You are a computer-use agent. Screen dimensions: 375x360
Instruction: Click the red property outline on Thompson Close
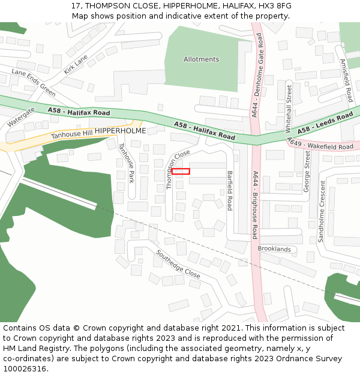click(181, 172)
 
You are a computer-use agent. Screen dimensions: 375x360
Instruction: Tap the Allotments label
click(202, 59)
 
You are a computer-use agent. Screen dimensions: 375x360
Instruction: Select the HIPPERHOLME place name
click(120, 130)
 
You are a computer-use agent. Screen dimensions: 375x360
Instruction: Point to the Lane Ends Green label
click(34, 83)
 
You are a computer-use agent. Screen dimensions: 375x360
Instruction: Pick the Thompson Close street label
click(178, 170)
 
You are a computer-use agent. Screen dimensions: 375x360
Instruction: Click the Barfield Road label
click(229, 190)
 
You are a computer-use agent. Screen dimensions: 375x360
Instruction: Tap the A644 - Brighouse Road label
click(255, 205)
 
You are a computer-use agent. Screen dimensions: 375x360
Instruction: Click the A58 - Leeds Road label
click(326, 123)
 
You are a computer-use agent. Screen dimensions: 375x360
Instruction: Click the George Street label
click(307, 172)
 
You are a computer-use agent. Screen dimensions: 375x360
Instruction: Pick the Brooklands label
click(274, 249)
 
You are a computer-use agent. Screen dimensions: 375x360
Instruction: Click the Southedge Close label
click(178, 264)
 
